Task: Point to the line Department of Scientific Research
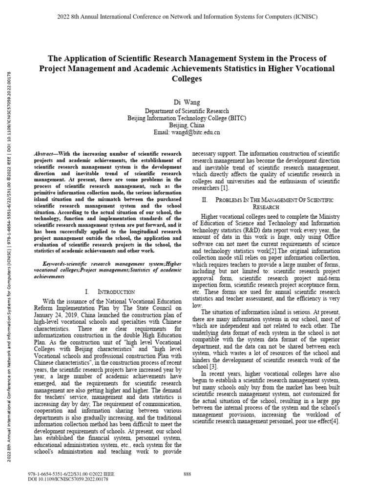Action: [x=187, y=111]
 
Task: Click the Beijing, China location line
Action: [x=187, y=125]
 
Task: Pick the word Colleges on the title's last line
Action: [x=187, y=79]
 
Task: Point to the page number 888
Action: [x=187, y=474]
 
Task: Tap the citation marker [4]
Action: [x=334, y=421]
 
